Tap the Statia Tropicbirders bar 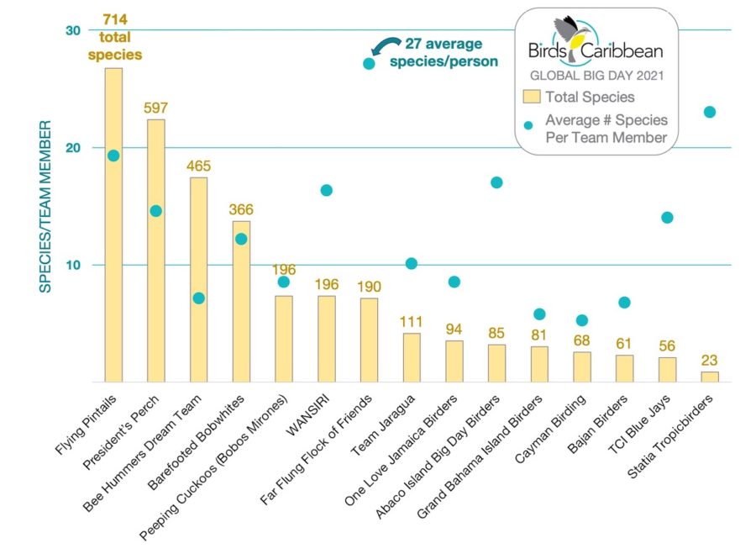point(710,377)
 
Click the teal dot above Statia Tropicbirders point(710,112)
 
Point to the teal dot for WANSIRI point(326,190)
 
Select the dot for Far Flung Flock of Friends point(369,64)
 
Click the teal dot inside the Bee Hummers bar point(198,298)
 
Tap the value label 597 point(156,108)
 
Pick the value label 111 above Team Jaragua point(412,322)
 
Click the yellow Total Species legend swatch point(531,96)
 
